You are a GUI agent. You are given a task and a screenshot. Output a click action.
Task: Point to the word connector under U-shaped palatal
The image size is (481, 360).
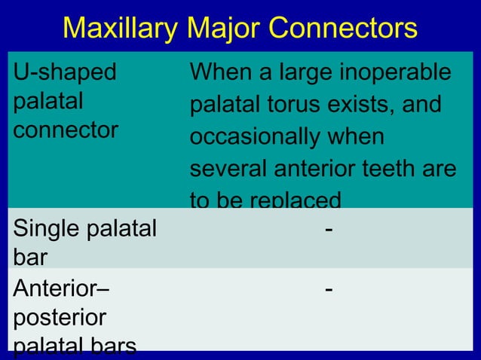tap(66, 130)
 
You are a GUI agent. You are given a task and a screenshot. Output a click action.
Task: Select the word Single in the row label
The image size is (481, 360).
tap(46, 227)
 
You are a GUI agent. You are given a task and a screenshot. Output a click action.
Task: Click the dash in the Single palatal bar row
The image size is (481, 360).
tap(326, 229)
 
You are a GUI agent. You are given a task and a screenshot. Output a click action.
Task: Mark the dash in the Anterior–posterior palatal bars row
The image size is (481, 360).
tap(326, 289)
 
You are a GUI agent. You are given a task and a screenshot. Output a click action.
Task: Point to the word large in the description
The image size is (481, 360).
tap(295, 74)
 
